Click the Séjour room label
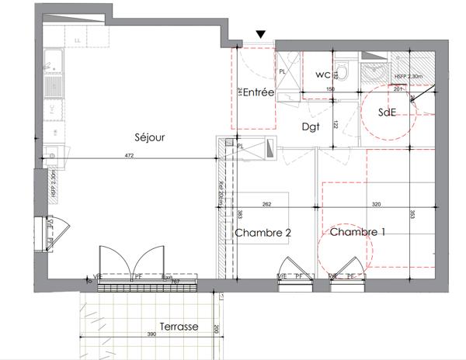149,137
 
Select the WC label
324,75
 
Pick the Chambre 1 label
357,232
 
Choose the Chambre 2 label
263,232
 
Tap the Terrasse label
179,327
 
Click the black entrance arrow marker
261,34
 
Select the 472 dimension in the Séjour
130,157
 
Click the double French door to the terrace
132,265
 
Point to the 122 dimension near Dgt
336,124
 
